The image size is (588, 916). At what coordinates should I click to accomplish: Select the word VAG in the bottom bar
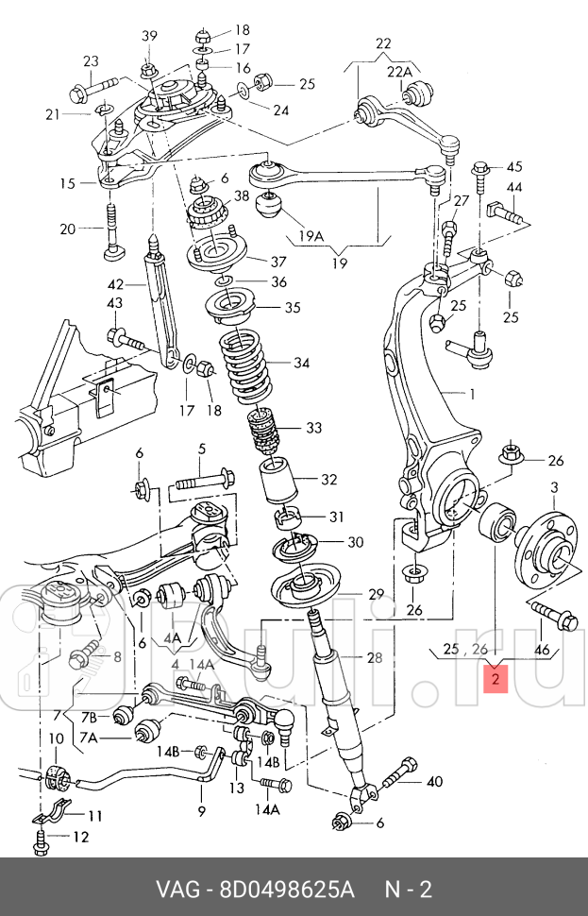coord(181,889)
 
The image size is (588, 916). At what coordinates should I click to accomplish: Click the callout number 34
coord(301,364)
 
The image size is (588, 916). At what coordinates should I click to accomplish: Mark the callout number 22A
coord(399,72)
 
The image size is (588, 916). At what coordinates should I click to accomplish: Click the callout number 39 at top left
coord(149,36)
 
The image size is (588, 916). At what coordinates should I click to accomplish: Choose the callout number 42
coord(115,284)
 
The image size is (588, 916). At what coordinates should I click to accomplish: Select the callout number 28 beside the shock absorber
coord(348,659)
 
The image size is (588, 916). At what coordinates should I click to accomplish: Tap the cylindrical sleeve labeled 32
coord(279,481)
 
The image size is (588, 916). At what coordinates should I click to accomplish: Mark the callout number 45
coord(513,166)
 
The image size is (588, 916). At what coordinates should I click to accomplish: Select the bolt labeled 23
coord(91,93)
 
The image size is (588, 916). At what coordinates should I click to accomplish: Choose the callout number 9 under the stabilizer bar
coord(200,810)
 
